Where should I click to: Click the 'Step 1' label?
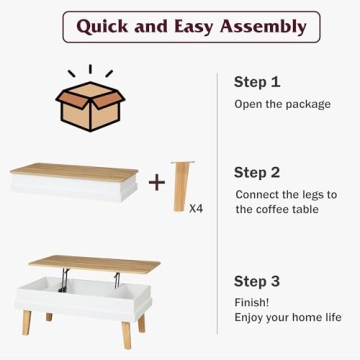pos(257,82)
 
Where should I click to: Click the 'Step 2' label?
pos(257,172)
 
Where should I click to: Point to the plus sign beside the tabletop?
pos(157,182)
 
